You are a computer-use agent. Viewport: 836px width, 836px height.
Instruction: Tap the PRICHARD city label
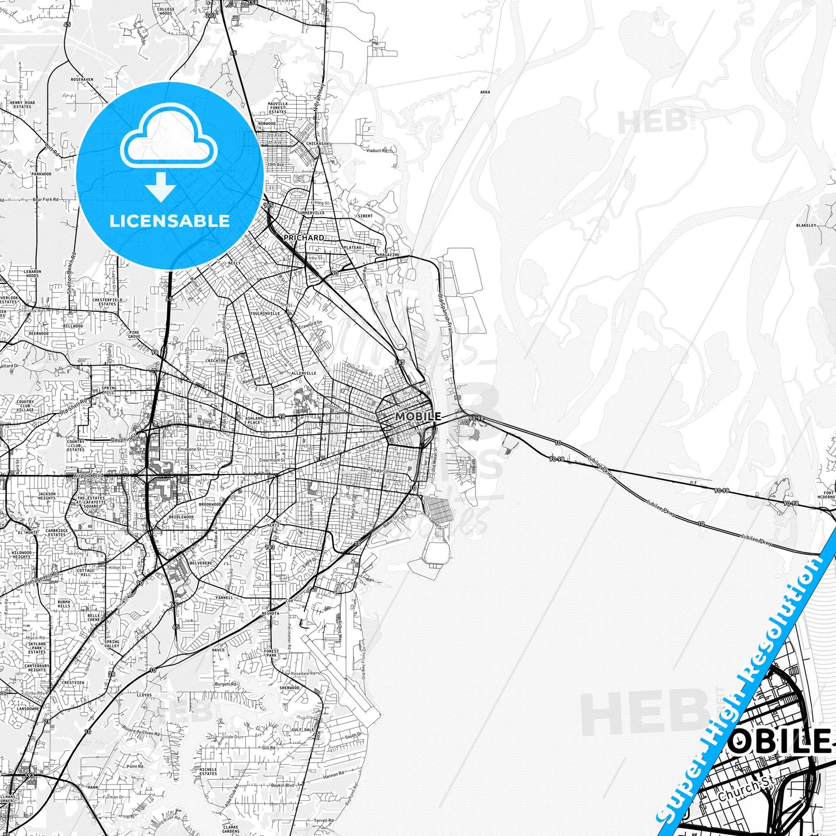coord(304,238)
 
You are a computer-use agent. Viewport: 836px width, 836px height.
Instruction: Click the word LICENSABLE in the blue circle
coord(170,220)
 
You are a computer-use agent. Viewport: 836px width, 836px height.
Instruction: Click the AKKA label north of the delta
coord(485,92)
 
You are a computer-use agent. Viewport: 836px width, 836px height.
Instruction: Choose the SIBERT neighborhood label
coord(365,216)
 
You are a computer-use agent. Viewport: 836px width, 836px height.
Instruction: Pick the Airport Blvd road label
coord(88,476)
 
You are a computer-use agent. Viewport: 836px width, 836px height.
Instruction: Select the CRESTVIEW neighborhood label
coord(73,682)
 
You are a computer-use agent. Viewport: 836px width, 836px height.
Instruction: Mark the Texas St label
coord(377,470)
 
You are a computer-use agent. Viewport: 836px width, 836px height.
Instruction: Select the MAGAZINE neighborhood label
coord(389,255)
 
